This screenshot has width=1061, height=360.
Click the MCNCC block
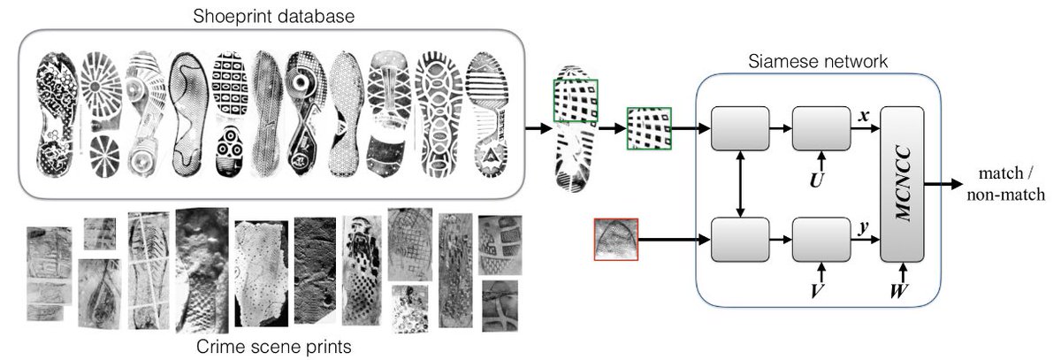[x=902, y=186]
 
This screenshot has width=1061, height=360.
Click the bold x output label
[x=866, y=116]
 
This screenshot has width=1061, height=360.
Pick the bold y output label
[x=866, y=227]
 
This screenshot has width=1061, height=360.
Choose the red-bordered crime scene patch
[x=615, y=239]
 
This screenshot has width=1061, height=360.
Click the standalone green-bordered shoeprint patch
[x=649, y=129]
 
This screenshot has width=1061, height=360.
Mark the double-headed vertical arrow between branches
[x=740, y=184]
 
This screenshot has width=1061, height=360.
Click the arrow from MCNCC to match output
[x=947, y=185]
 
